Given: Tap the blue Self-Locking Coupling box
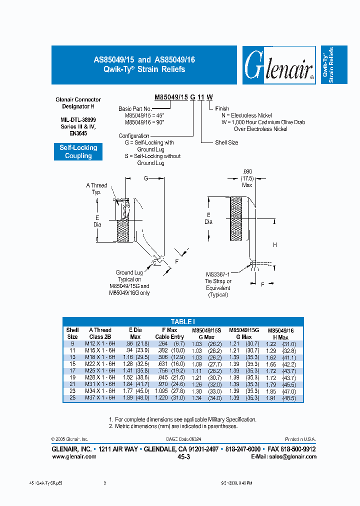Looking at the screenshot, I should (78, 151).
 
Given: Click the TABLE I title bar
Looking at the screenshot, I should (183, 321).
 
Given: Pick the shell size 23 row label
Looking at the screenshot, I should (72, 391).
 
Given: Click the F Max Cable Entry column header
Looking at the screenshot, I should (169, 333).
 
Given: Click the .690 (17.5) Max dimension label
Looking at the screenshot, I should (247, 178).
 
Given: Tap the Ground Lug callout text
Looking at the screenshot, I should (129, 282).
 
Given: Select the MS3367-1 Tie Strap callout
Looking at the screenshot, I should (218, 284).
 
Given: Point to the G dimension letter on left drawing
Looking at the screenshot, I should (146, 177).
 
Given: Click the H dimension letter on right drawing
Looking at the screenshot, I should (274, 244).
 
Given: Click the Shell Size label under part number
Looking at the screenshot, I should (226, 142).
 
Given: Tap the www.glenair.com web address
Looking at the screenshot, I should (74, 456).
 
